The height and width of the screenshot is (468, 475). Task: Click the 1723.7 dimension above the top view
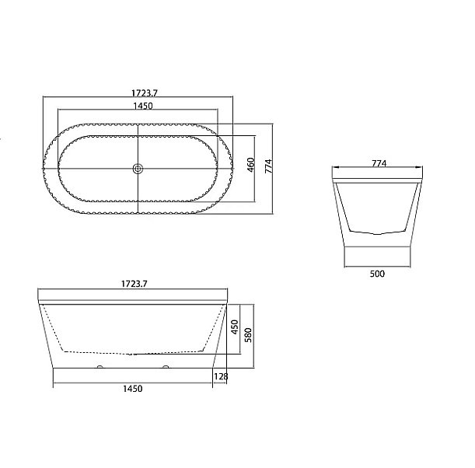[145, 93]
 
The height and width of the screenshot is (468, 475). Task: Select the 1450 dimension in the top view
[143, 106]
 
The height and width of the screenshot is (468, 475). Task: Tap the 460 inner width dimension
[251, 165]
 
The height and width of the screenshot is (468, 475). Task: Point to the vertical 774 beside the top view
[269, 166]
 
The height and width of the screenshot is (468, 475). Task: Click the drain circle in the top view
[138, 169]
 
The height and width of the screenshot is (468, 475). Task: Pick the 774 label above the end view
[379, 163]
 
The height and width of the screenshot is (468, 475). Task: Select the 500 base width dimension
[377, 274]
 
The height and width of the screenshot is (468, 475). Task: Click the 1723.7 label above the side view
[134, 284]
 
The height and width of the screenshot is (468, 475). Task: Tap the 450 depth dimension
[235, 327]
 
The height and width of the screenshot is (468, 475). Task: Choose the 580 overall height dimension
[248, 335]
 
